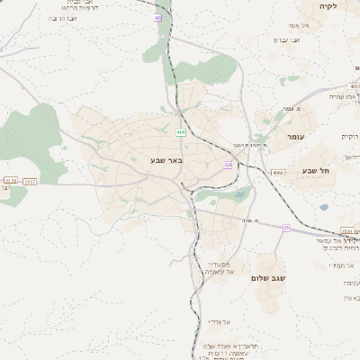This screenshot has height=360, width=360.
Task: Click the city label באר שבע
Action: (x=166, y=161)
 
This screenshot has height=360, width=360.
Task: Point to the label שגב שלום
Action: (x=268, y=278)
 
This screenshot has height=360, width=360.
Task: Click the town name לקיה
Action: (x=326, y=6)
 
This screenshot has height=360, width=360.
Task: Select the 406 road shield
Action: (x=182, y=132)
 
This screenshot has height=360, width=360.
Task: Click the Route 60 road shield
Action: (x=229, y=166)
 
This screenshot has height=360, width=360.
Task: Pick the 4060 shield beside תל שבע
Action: (x=278, y=172)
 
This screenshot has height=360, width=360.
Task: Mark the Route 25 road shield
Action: (x=286, y=228)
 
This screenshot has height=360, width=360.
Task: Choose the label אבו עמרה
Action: (x=343, y=95)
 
